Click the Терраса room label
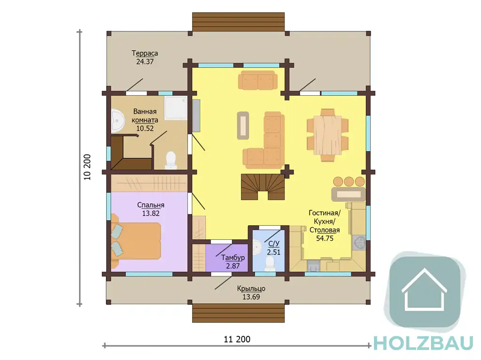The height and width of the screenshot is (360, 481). pos(145,53)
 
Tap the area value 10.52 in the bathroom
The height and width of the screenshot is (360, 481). pos(145,129)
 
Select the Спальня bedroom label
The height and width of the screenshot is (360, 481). pos(151,205)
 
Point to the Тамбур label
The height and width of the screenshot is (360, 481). pos(233,258)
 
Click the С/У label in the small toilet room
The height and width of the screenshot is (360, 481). pos(274,244)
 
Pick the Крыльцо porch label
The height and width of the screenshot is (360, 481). pos(251,289)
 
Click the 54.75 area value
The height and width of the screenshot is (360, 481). pos(325,238)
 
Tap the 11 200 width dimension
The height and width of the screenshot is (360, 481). pos(237,339)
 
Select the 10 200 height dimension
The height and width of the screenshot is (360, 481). pos(87,167)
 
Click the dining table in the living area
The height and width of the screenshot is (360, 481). pos(327,135)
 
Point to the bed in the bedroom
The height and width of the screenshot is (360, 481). pos(136,241)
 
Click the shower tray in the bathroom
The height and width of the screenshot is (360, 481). pos(176,108)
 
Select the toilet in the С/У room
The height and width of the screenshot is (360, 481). pos(269,264)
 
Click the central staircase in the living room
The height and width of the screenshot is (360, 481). pos(263,187)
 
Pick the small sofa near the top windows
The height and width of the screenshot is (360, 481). pos(258,80)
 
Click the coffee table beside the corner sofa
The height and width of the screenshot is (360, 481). pos(243,125)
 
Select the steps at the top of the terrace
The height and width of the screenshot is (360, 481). pos(238,22)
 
